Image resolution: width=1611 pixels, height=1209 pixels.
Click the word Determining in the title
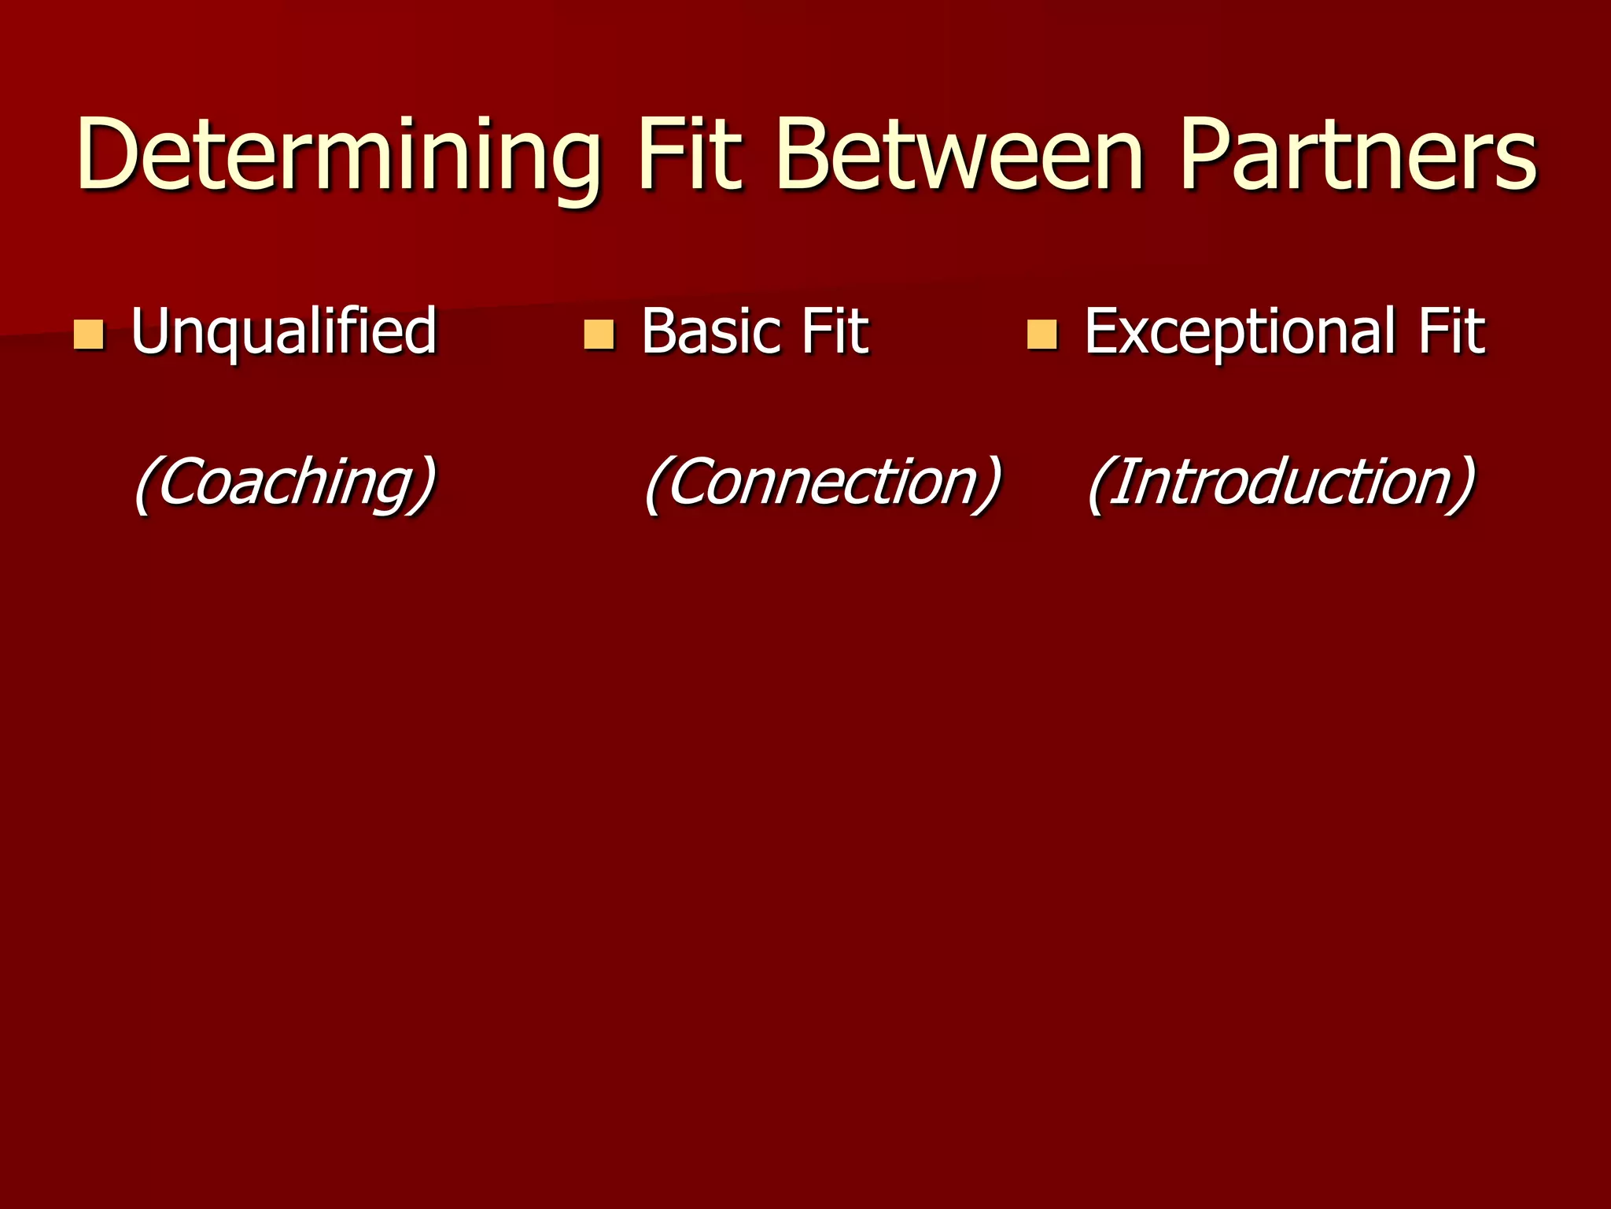tap(338, 154)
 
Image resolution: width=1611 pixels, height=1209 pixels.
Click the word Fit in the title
tap(690, 154)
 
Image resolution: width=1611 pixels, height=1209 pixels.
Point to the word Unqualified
tap(283, 331)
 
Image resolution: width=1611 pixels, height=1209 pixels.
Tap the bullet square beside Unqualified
tap(88, 334)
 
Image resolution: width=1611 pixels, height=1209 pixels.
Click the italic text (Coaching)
tap(284, 482)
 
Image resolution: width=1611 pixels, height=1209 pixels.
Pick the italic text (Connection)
tap(823, 482)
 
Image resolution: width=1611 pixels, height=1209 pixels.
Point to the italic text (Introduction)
tap(1281, 482)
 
